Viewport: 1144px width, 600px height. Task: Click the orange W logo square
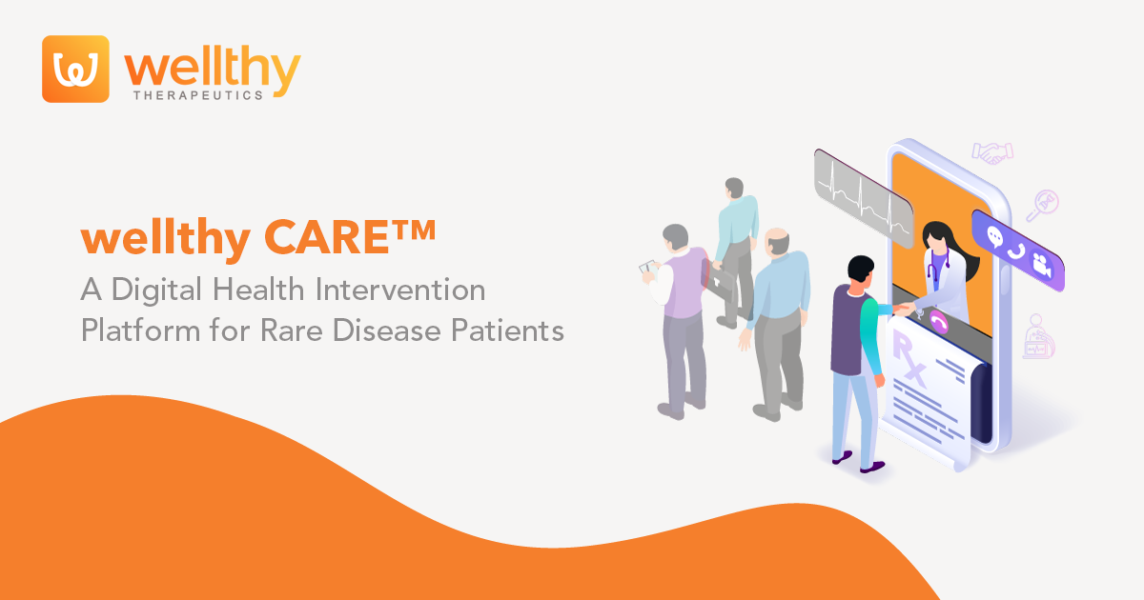(x=75, y=69)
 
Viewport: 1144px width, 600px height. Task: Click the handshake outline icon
(x=992, y=152)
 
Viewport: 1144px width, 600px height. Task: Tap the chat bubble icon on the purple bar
(x=996, y=237)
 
